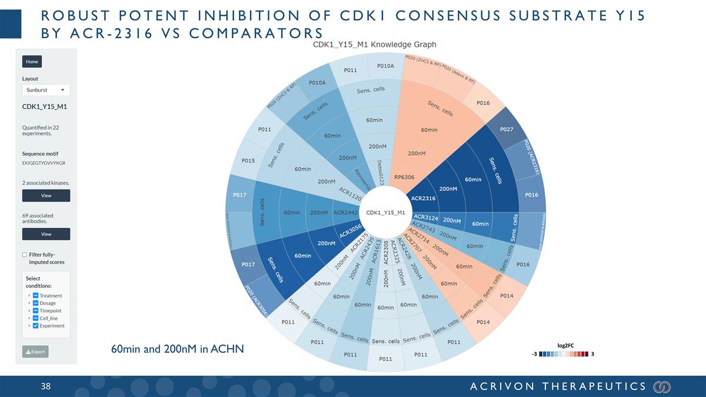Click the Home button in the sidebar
pos(32,61)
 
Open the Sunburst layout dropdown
pos(46,90)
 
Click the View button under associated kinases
pos(46,195)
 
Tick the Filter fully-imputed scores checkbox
pos(25,255)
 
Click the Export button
pos(35,352)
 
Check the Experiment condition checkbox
pos(36,326)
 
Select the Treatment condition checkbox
pos(36,295)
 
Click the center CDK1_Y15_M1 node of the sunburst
pos(385,212)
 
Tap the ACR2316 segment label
pos(423,198)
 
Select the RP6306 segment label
pos(404,177)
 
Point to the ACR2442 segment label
pos(345,212)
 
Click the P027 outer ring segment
pos(507,129)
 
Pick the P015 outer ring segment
pos(248,161)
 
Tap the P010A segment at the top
pos(385,66)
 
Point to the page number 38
pos(46,386)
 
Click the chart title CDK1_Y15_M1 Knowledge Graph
pos(374,44)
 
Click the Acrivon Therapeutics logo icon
pos(662,386)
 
